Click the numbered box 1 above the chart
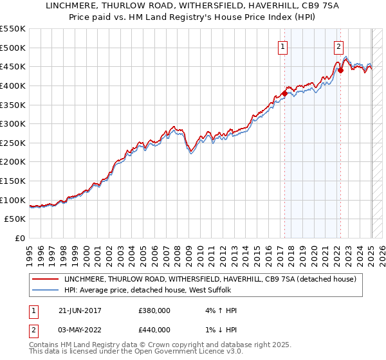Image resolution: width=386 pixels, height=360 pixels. (283, 46)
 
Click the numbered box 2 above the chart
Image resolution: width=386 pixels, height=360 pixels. (338, 46)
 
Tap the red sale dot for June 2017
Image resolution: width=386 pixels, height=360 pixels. (284, 93)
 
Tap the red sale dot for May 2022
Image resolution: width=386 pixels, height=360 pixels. (340, 70)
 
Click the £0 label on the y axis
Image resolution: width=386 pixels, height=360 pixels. (20, 238)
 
